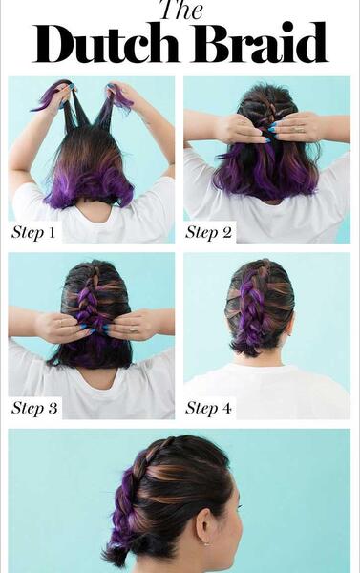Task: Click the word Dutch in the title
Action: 106,43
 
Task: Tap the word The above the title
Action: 181,10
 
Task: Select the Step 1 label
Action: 33,232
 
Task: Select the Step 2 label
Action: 208,232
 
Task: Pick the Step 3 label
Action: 34,408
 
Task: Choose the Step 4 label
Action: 208,408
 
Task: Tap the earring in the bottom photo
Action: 205,543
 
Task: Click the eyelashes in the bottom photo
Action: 240,506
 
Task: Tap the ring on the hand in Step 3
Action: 133,329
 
